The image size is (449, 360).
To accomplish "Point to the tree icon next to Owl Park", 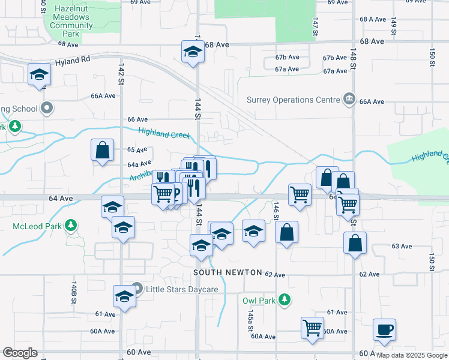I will tap(286, 300).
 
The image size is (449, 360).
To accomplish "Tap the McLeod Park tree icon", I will tap(71, 226).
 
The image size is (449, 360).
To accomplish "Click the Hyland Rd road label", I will tap(72, 60).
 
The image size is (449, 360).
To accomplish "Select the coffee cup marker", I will tap(384, 329).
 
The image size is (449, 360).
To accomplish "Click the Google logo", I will tap(20, 353).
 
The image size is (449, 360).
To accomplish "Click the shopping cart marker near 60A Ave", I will tap(312, 328).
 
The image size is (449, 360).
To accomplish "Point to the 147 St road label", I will tap(315, 25).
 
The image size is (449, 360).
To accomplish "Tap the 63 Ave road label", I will tap(402, 246).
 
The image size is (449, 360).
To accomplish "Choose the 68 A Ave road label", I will tap(373, 19).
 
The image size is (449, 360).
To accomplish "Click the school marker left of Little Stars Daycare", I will tap(124, 297).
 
